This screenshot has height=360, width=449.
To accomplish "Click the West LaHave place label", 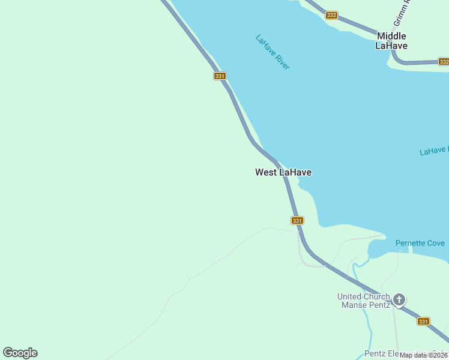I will point(283,173).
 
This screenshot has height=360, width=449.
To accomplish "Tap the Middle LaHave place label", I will point(391,41).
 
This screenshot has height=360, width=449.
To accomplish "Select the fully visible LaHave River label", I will point(273,52).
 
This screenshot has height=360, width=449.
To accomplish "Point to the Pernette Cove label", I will point(420,243).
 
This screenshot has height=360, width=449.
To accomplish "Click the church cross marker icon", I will point(399,299).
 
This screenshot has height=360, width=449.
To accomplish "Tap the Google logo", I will point(20,353).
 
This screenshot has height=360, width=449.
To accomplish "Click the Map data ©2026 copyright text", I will point(424,355).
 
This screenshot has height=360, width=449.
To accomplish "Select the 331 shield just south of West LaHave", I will point(297,221).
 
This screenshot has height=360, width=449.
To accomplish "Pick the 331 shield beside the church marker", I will point(424,322).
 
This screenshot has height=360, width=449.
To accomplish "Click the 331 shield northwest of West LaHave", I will point(220,76).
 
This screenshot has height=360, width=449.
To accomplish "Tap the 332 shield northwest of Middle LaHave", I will point(331,15).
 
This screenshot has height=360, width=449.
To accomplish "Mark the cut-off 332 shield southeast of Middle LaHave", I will point(444,62).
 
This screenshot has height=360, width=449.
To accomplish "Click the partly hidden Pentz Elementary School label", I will point(396,354).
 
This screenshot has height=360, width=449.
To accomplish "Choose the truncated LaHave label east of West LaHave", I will point(433,151).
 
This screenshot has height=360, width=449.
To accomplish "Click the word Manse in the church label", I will point(354,305).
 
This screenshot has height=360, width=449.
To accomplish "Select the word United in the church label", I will point(349,296).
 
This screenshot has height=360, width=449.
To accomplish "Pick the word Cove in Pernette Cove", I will point(435,243).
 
